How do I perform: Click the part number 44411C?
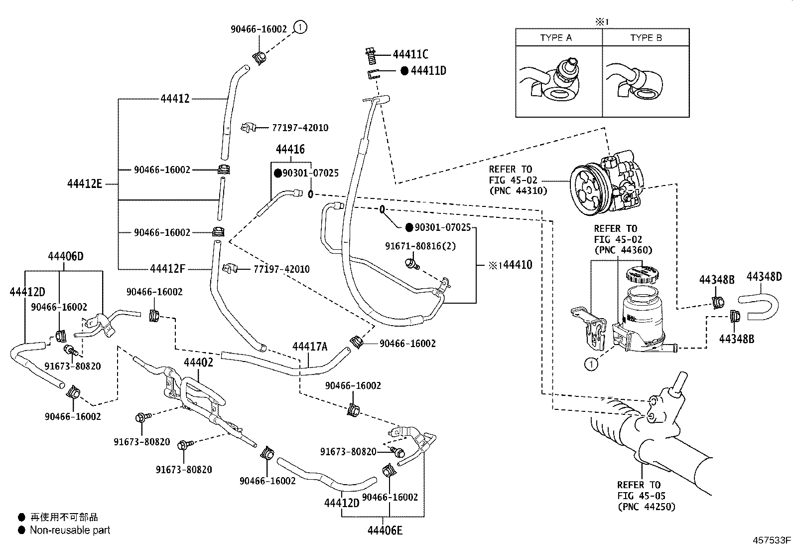coord(410,55)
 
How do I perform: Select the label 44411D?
coord(428,71)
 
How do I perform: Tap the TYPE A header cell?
coord(556,38)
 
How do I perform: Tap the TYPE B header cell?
coord(646,38)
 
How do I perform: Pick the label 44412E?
coord(84,184)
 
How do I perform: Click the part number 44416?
coord(290,149)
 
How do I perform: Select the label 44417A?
coord(310,347)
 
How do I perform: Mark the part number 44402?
coord(198,363)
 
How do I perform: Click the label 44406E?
coord(385,530)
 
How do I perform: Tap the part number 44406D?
coord(66,257)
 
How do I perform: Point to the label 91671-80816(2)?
coord(420,246)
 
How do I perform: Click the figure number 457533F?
coord(772,540)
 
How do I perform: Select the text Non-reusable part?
coord(70,530)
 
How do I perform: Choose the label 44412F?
coord(167,269)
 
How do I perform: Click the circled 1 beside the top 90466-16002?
coord(300,27)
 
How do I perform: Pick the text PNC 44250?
coord(646,507)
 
